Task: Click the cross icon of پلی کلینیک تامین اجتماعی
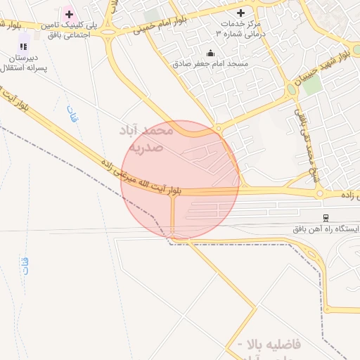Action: click(69, 14)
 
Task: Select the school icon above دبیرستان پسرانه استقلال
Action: click(23, 46)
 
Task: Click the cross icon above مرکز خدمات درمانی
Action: click(240, 13)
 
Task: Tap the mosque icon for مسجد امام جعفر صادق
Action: click(210, 53)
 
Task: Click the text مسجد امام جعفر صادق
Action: click(210, 63)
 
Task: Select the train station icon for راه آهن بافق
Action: click(325, 218)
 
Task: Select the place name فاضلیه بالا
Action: click(271, 345)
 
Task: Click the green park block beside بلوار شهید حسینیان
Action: click(312, 84)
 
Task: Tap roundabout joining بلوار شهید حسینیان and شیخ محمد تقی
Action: click(291, 90)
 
